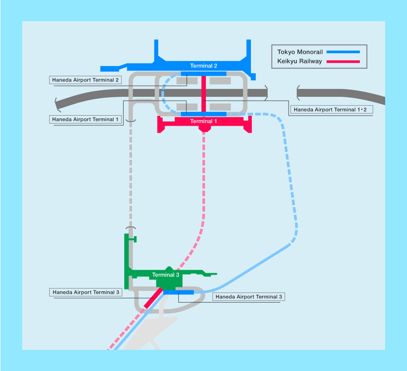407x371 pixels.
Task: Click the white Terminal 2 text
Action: (204, 66)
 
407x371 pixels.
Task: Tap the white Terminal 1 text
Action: (204, 121)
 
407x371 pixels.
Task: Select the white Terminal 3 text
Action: (166, 275)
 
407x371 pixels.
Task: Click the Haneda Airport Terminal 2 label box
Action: (86, 80)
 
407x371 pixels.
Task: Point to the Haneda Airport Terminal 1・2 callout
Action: (331, 110)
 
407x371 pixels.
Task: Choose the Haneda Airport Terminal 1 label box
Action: (86, 119)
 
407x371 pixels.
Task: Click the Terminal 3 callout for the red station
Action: (86, 292)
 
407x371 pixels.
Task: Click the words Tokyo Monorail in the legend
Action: (300, 52)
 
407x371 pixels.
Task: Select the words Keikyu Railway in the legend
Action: (299, 61)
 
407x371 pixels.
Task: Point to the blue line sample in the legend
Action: (343, 52)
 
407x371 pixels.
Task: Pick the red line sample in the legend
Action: (343, 61)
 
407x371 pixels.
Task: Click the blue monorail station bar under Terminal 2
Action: (204, 74)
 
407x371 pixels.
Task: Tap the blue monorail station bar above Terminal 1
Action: (204, 114)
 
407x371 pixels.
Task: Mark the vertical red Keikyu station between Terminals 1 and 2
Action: (204, 94)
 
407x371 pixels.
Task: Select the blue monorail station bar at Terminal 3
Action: (179, 292)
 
